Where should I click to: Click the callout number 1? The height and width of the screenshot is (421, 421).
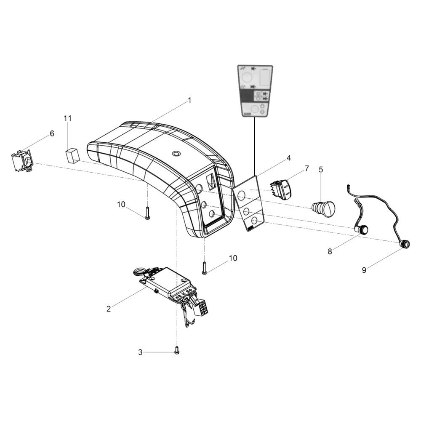tap(189, 101)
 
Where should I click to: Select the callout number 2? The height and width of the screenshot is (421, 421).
tap(109, 309)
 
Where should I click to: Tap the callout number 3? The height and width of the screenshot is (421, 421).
tap(141, 352)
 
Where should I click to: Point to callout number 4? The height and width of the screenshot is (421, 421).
tap(288, 158)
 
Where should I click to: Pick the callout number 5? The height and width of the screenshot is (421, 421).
tap(321, 170)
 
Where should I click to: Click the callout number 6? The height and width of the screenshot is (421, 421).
tap(52, 133)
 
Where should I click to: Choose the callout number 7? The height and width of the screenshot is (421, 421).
tap(306, 168)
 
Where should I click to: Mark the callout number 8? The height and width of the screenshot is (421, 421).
tap(330, 252)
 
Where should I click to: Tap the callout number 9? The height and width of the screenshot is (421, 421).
tap(364, 270)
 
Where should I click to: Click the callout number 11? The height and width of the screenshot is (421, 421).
tap(68, 118)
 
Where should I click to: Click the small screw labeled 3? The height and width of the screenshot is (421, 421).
tap(177, 349)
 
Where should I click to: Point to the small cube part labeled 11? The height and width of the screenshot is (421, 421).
tap(72, 155)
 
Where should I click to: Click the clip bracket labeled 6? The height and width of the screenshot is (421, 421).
tap(22, 161)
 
